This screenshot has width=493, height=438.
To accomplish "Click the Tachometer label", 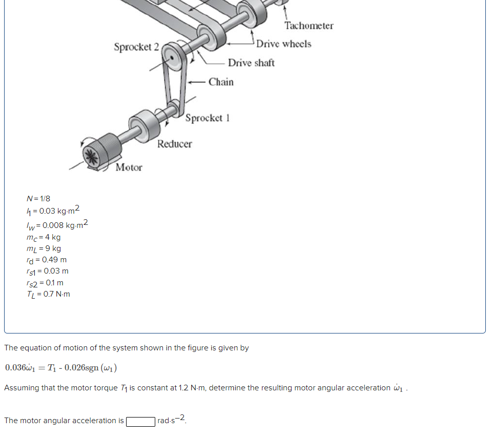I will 309,26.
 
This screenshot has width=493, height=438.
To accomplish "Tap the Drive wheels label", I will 283,44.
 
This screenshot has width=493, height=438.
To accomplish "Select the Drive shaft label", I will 251,63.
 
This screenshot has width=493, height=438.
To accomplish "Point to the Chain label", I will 221,82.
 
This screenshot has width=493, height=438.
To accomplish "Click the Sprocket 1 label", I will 207,118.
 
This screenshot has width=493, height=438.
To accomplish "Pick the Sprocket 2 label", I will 136,47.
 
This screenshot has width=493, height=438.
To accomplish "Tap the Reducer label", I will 174,144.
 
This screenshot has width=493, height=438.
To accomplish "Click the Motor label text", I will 129,168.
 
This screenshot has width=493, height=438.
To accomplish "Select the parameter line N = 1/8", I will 38,198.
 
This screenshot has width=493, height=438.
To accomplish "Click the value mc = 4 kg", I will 44,237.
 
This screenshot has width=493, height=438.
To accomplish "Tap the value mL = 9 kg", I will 44,248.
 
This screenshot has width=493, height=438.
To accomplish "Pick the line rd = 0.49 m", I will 47,260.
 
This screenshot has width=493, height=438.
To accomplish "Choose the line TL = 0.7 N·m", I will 49,294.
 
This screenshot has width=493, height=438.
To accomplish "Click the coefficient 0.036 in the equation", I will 15,368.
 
